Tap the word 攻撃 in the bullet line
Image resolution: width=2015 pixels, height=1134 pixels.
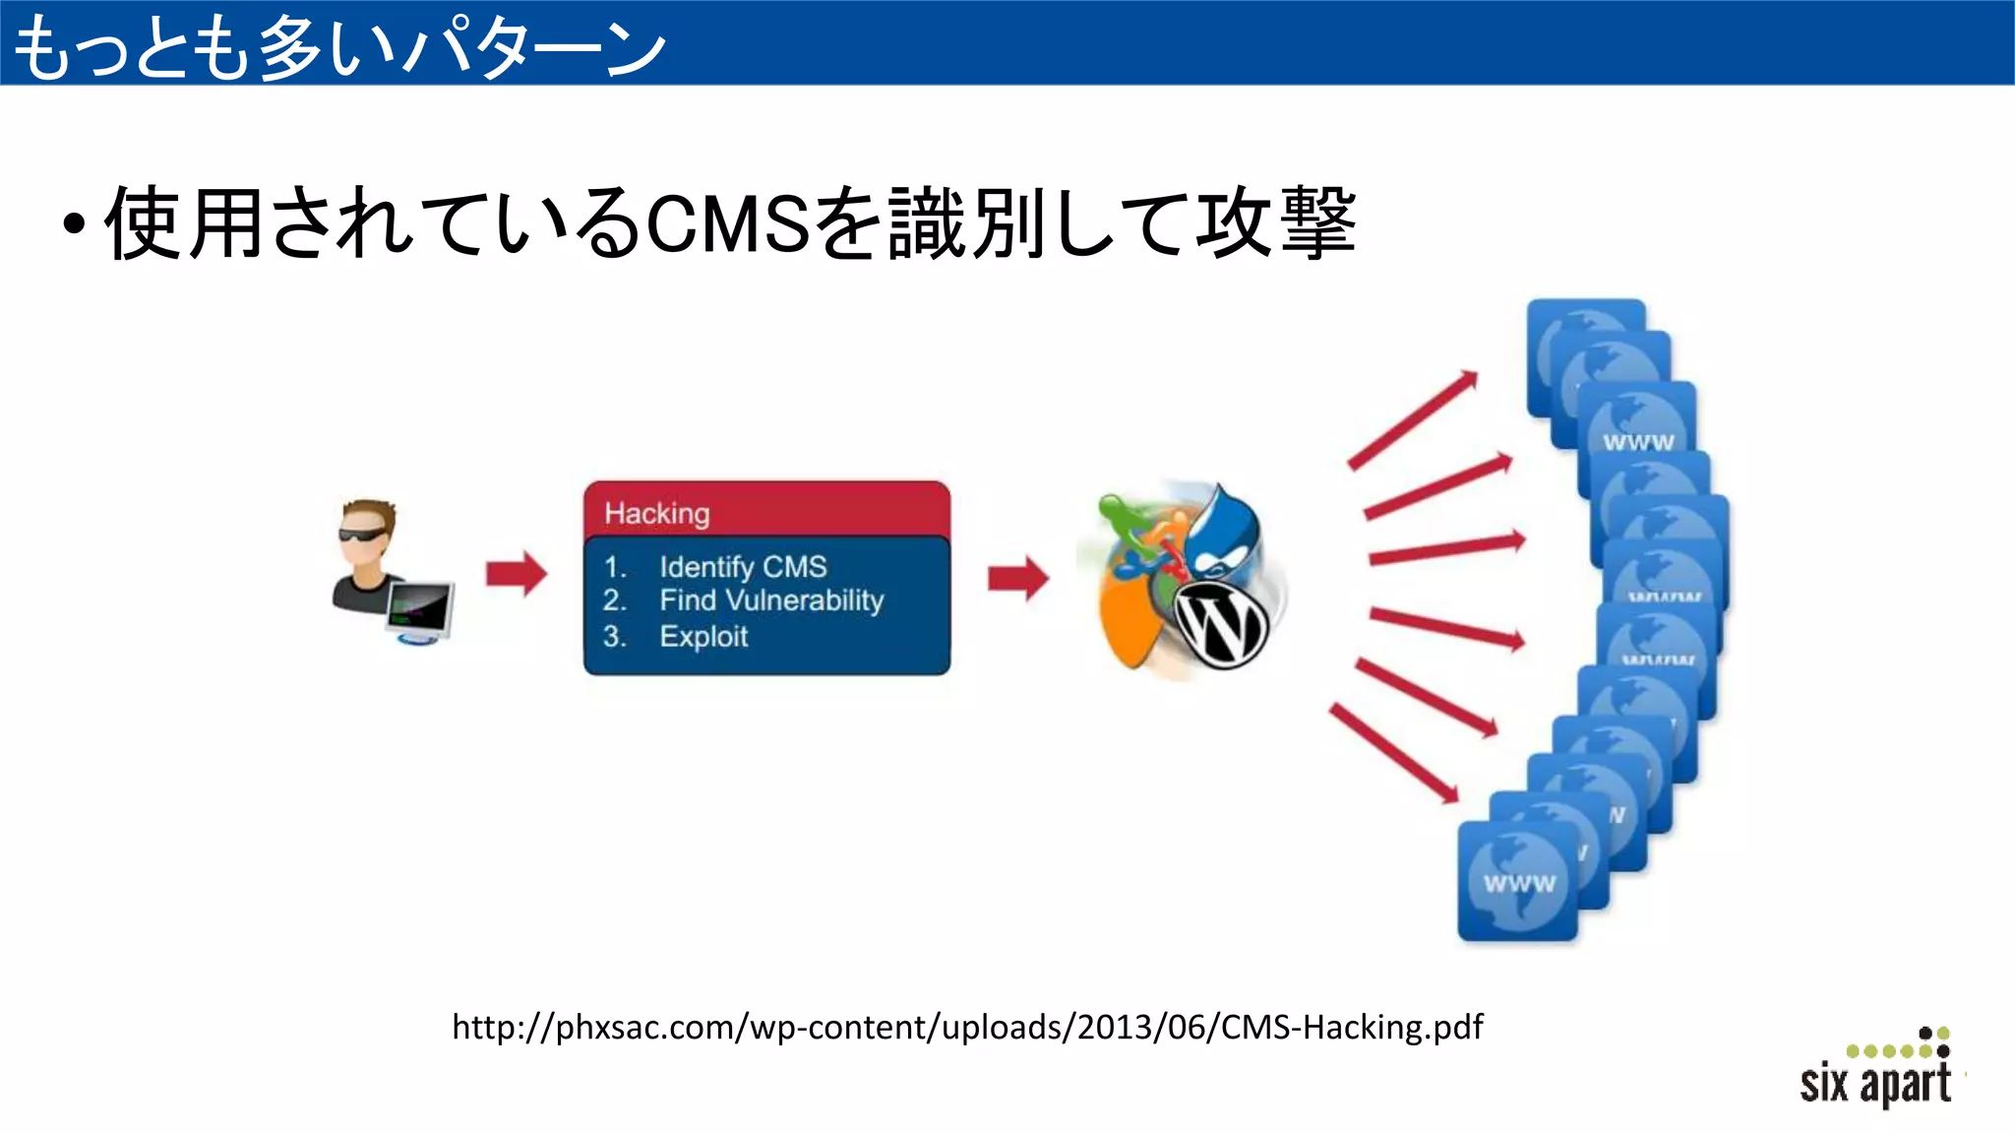(1275, 224)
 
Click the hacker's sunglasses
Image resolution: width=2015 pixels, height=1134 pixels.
(365, 535)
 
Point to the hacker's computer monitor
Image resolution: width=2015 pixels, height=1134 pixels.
(421, 608)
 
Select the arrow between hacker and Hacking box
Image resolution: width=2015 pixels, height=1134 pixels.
(516, 574)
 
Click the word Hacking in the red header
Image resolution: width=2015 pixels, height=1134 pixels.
(656, 513)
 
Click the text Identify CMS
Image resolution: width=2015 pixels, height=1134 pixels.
(743, 567)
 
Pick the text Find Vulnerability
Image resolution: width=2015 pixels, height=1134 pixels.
(771, 600)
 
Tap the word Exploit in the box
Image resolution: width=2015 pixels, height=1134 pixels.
(703, 636)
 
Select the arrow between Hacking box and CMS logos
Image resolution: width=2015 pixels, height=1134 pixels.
(1017, 578)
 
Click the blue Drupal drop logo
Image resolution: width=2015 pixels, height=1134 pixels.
(1222, 536)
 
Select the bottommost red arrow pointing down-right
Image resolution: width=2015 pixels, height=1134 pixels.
(1394, 753)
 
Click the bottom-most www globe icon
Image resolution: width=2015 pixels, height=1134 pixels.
(1517, 881)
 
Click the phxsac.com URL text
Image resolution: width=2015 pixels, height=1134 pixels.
(966, 1027)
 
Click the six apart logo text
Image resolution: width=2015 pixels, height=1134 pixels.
(1874, 1083)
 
